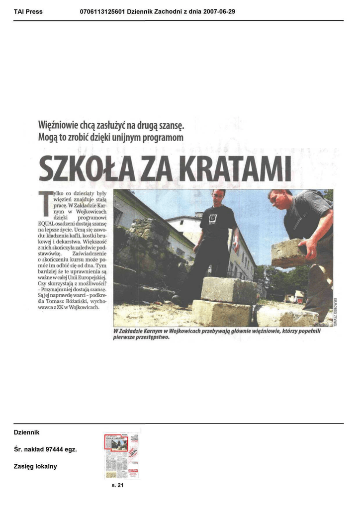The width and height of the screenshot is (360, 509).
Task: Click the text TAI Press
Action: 28,11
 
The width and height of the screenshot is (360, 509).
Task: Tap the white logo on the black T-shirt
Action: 213,218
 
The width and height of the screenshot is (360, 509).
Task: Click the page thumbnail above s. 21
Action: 121,455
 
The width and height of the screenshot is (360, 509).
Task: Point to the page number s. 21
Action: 117,486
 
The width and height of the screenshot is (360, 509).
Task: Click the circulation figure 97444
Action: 55,450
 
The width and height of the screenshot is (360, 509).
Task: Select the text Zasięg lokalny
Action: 35,467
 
